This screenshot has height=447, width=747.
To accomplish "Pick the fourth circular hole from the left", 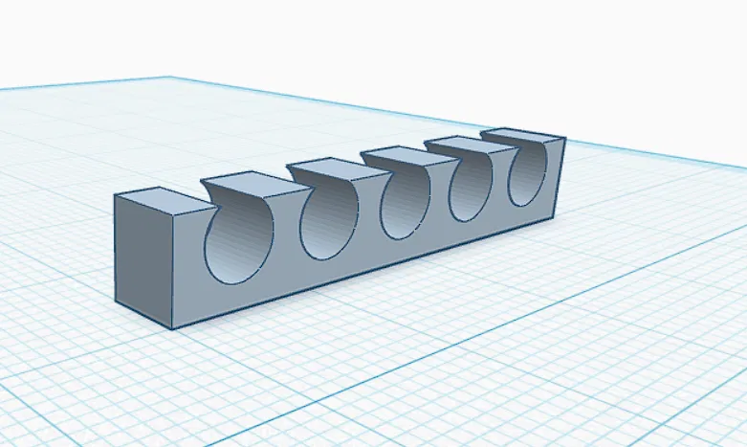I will (x=471, y=188).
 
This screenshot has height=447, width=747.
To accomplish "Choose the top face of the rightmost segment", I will (x=521, y=136).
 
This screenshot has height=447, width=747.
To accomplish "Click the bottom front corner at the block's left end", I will (x=173, y=328).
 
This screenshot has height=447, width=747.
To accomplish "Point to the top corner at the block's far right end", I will (x=564, y=140).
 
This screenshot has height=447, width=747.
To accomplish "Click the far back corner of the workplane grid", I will (x=169, y=78).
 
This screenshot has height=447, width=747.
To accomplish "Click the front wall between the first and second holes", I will (x=286, y=251).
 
